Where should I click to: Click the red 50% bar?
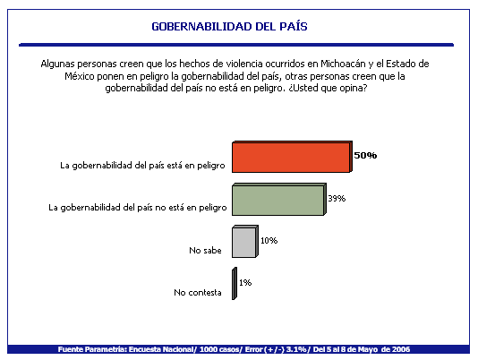292,157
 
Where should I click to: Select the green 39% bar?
279,199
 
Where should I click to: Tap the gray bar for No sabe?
244,241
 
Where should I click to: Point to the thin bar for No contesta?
235,283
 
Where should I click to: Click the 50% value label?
365,155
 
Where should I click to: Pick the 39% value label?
337,199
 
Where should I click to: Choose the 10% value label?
269,241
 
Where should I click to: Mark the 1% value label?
245,283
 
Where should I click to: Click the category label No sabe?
205,251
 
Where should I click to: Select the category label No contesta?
198,293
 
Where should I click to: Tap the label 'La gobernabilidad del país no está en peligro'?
138,208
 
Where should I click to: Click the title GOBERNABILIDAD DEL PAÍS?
229,27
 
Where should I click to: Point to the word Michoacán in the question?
343,64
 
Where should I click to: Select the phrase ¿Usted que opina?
328,88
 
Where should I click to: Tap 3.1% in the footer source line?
296,349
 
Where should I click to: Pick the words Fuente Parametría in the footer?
92,349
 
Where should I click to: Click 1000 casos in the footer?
219,349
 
